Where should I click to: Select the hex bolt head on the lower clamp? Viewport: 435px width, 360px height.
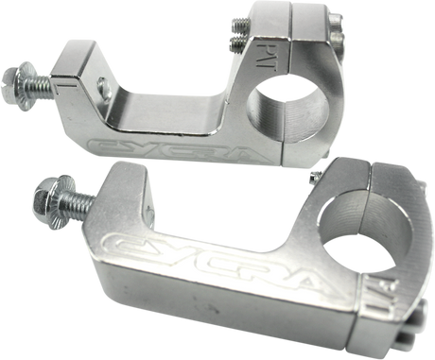45,199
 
